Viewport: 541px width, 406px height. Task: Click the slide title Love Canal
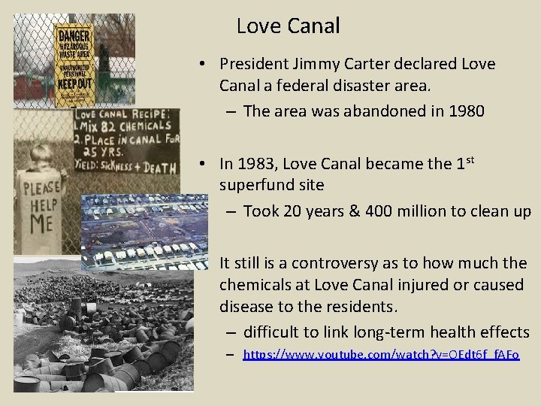click(x=288, y=26)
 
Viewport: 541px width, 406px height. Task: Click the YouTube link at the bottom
click(x=381, y=353)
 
